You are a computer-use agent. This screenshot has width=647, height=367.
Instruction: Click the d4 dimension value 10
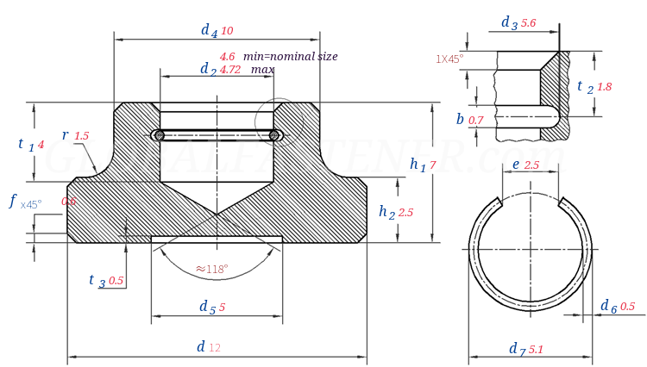[227, 31]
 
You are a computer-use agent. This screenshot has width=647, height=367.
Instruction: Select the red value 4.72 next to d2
[230, 70]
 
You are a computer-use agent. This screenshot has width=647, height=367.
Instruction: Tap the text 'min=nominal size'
[290, 56]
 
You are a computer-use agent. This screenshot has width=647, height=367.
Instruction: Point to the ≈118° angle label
[212, 269]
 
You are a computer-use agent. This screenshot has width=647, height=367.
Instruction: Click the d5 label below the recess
[207, 307]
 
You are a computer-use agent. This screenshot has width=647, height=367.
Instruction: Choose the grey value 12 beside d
[215, 347]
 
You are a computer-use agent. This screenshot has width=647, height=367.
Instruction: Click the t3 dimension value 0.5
[116, 281]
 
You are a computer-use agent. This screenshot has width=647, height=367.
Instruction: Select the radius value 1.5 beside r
[82, 136]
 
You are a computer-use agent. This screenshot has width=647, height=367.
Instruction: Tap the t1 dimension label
[24, 144]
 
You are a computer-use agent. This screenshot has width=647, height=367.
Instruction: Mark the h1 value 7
[433, 165]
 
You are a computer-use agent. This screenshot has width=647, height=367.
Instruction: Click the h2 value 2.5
[405, 212]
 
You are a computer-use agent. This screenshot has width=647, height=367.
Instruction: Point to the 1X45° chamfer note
[449, 59]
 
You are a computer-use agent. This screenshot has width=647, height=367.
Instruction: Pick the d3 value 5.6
[528, 23]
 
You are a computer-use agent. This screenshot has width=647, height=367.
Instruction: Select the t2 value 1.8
[604, 87]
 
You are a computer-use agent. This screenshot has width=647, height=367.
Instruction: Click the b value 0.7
[476, 121]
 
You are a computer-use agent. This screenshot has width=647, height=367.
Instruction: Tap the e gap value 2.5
[531, 165]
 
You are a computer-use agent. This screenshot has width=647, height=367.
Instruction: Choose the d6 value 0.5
[627, 306]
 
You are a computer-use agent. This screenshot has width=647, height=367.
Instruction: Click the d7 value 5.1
[536, 349]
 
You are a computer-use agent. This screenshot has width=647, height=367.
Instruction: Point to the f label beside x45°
[13, 201]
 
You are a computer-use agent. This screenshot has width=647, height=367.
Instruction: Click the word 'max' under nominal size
[263, 69]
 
